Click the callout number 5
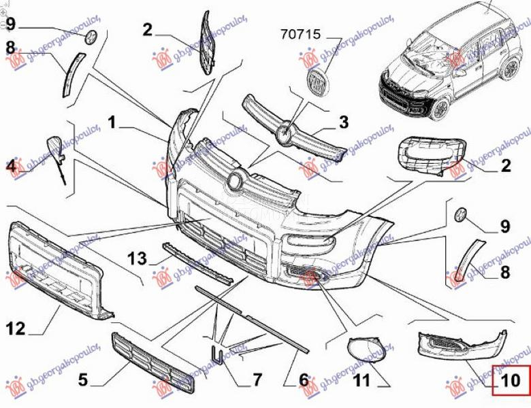tap(83, 379)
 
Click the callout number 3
tap(344, 122)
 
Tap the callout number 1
tap(112, 123)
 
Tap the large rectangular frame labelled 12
tap(58, 272)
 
